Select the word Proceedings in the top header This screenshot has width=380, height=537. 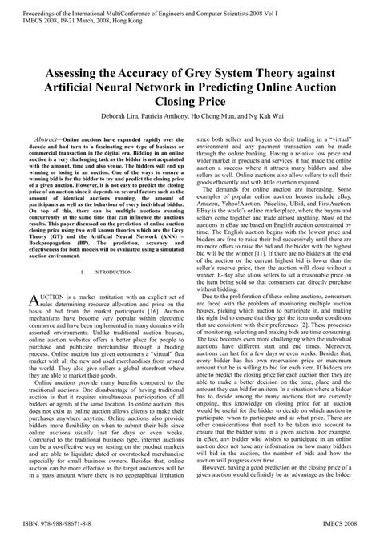(x=26, y=6)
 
